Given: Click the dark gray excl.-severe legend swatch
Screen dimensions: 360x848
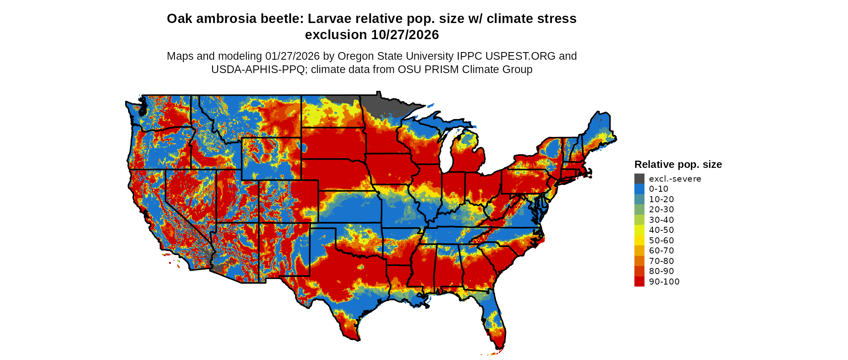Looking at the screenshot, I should [x=639, y=179].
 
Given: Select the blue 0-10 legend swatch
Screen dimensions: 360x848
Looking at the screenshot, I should [x=639, y=189].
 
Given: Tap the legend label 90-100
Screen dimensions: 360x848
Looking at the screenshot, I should [x=664, y=282].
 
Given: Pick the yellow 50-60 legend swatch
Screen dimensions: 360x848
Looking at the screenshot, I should [x=639, y=241].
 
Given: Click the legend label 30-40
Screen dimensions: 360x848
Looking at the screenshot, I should [x=661, y=220].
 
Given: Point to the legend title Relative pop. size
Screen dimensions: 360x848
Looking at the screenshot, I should [x=678, y=164].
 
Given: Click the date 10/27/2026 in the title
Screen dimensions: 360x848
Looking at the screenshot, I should [x=405, y=35].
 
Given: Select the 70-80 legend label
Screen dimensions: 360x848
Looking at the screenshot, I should [x=661, y=261].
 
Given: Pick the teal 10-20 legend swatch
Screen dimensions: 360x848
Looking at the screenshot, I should [x=639, y=199].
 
